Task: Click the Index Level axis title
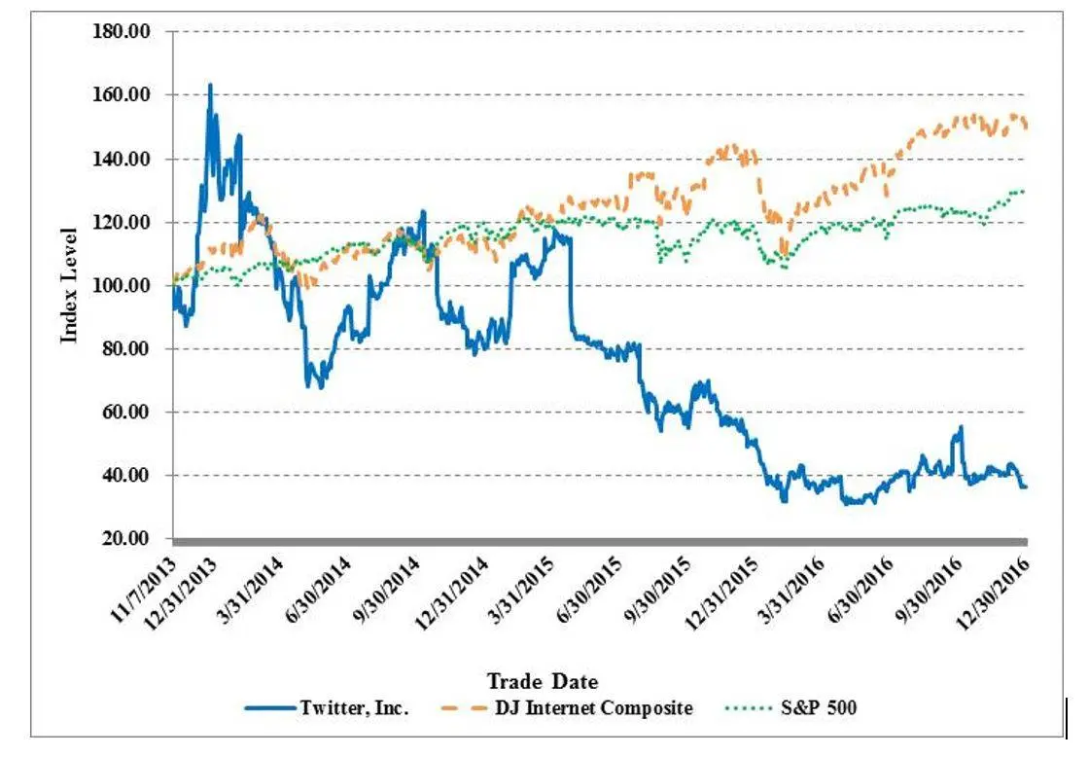coord(69,285)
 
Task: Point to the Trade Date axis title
coord(542,680)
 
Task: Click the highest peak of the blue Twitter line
coord(209,85)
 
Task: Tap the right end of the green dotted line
coord(1024,191)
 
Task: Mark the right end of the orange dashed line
coord(1026,125)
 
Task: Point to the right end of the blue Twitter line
coord(1026,487)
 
